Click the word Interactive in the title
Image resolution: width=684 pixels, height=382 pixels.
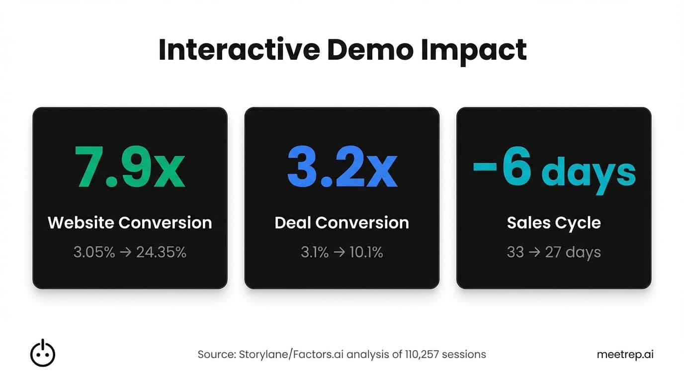tap(239, 50)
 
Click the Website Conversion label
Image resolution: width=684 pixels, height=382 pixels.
tap(130, 222)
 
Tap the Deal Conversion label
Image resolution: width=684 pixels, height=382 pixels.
tap(342, 222)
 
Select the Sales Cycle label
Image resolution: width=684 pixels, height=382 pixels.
tap(554, 222)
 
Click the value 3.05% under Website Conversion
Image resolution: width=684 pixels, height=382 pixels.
tap(94, 252)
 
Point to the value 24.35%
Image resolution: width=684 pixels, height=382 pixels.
tap(161, 252)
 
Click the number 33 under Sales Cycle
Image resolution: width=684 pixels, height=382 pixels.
tap(515, 252)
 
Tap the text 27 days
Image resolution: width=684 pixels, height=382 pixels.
tap(573, 252)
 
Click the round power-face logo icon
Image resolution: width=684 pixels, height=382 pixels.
tap(43, 353)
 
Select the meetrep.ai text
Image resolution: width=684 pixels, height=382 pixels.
tap(625, 355)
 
